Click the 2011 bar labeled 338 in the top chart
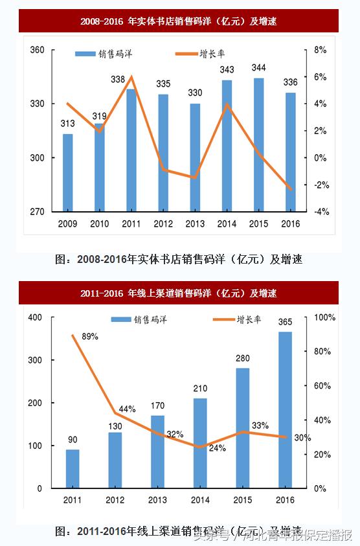pyautogui.click(x=131, y=150)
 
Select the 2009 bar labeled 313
pyautogui.click(x=68, y=172)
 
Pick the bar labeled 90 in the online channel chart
pyautogui.click(x=73, y=468)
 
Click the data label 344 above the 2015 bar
pyautogui.click(x=258, y=67)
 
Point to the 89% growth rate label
pyautogui.click(x=90, y=336)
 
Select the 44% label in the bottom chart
pyautogui.click(x=127, y=409)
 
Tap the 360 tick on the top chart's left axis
pyautogui.click(x=38, y=50)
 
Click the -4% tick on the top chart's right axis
pyautogui.click(x=321, y=212)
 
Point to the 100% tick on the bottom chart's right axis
pyautogui.click(x=324, y=317)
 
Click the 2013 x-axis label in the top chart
pyautogui.click(x=195, y=224)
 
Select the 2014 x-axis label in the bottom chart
pyautogui.click(x=200, y=500)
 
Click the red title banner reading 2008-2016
pyautogui.click(x=179, y=21)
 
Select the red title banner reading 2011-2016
pyautogui.click(x=179, y=293)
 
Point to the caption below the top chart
pyautogui.click(x=179, y=259)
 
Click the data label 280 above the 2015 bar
pyautogui.click(x=242, y=358)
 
